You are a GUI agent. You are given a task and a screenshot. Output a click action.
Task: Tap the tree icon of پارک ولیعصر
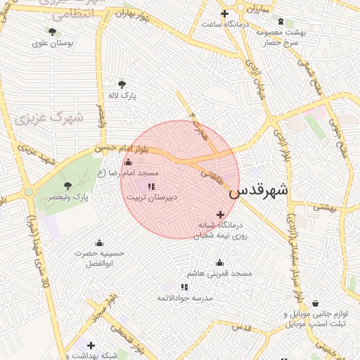pyautogui.click(x=67, y=186)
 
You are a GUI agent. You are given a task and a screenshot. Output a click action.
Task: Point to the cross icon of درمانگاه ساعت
pyautogui.click(x=224, y=14)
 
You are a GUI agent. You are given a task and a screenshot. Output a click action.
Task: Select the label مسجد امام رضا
pyautogui.click(x=138, y=173)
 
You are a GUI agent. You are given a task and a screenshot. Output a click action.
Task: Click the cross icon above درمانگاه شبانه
pyautogui.click(x=221, y=214)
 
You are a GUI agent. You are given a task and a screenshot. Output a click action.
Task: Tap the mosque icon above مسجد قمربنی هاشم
pyautogui.click(x=219, y=262)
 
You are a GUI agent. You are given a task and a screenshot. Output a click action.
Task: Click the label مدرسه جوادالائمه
pyautogui.click(x=184, y=298)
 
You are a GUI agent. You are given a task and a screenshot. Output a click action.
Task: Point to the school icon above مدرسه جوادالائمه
pyautogui.click(x=184, y=287)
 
